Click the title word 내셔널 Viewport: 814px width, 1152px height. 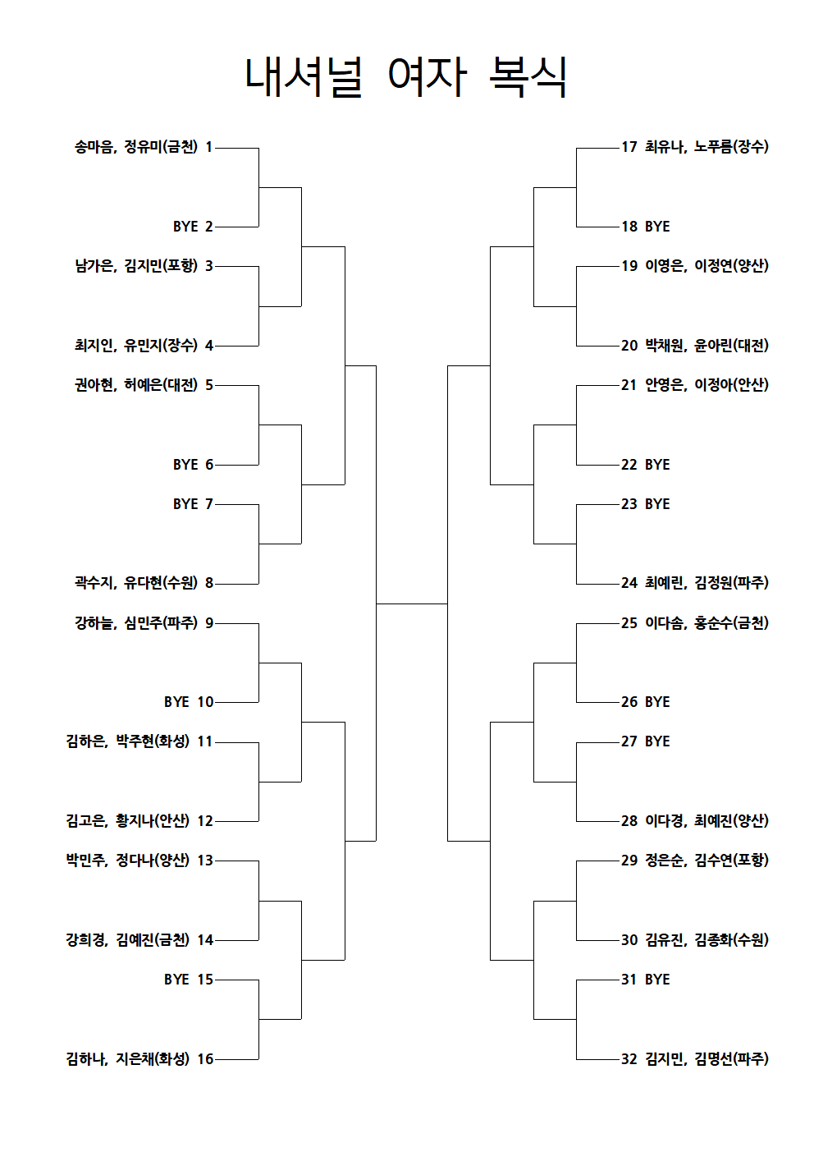pyautogui.click(x=304, y=77)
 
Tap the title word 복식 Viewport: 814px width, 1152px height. pyautogui.click(x=528, y=77)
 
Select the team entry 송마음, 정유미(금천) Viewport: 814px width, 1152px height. pyautogui.click(x=136, y=147)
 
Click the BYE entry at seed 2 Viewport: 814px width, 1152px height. pyautogui.click(x=185, y=227)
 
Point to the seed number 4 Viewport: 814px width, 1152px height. pyautogui.click(x=208, y=345)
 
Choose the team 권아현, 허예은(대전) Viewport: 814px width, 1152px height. pyautogui.click(x=136, y=385)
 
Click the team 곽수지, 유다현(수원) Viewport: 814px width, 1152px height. pyautogui.click(x=136, y=583)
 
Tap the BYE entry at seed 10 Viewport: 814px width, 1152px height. pyautogui.click(x=176, y=701)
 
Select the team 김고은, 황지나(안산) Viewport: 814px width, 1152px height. pyautogui.click(x=128, y=820)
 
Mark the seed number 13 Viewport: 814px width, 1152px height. pyautogui.click(x=205, y=860)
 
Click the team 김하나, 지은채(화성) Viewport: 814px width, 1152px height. pyautogui.click(x=128, y=1058)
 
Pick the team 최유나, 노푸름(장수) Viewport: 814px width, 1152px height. pyautogui.click(x=707, y=147)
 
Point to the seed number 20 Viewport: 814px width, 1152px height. pyautogui.click(x=629, y=345)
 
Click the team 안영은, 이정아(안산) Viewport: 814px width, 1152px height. pyautogui.click(x=707, y=385)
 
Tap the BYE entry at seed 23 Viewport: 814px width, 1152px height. pyautogui.click(x=657, y=503)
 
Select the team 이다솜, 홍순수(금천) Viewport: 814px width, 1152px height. pyautogui.click(x=707, y=622)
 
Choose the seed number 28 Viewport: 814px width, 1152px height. pyautogui.click(x=629, y=820)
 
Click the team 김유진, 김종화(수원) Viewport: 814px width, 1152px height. pyautogui.click(x=707, y=939)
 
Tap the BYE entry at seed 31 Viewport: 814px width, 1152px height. pyautogui.click(x=657, y=980)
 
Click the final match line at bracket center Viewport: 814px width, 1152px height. pyautogui.click(x=412, y=604)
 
